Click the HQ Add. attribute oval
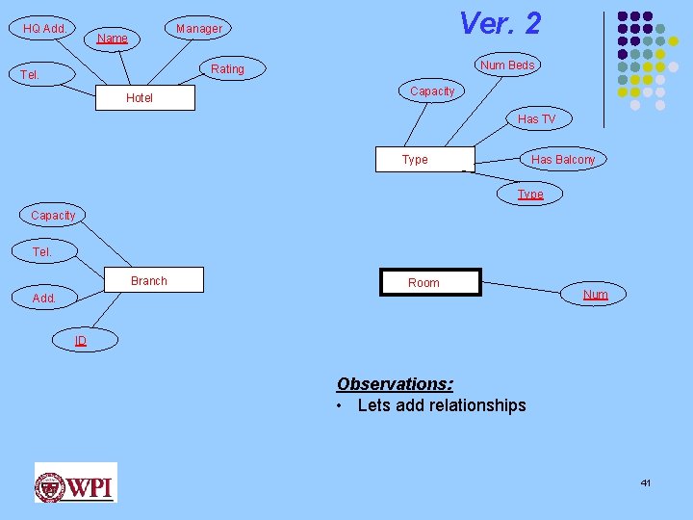pos(45,29)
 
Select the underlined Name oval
pos(113,39)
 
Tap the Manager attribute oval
pos(199,29)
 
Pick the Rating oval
pos(228,69)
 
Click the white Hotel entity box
pos(141,98)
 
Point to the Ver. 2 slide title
pos(500,23)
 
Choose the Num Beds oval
pos(507,65)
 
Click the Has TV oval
pos(536,119)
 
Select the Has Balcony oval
pos(563,160)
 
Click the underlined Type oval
pos(530,195)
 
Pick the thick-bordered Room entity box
pos(429,282)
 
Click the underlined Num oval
pos(596,295)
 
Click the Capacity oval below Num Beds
pos(432,91)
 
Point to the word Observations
pos(395,383)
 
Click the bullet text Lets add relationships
pos(441,405)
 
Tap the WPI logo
pos(75,482)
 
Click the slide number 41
pos(645,481)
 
